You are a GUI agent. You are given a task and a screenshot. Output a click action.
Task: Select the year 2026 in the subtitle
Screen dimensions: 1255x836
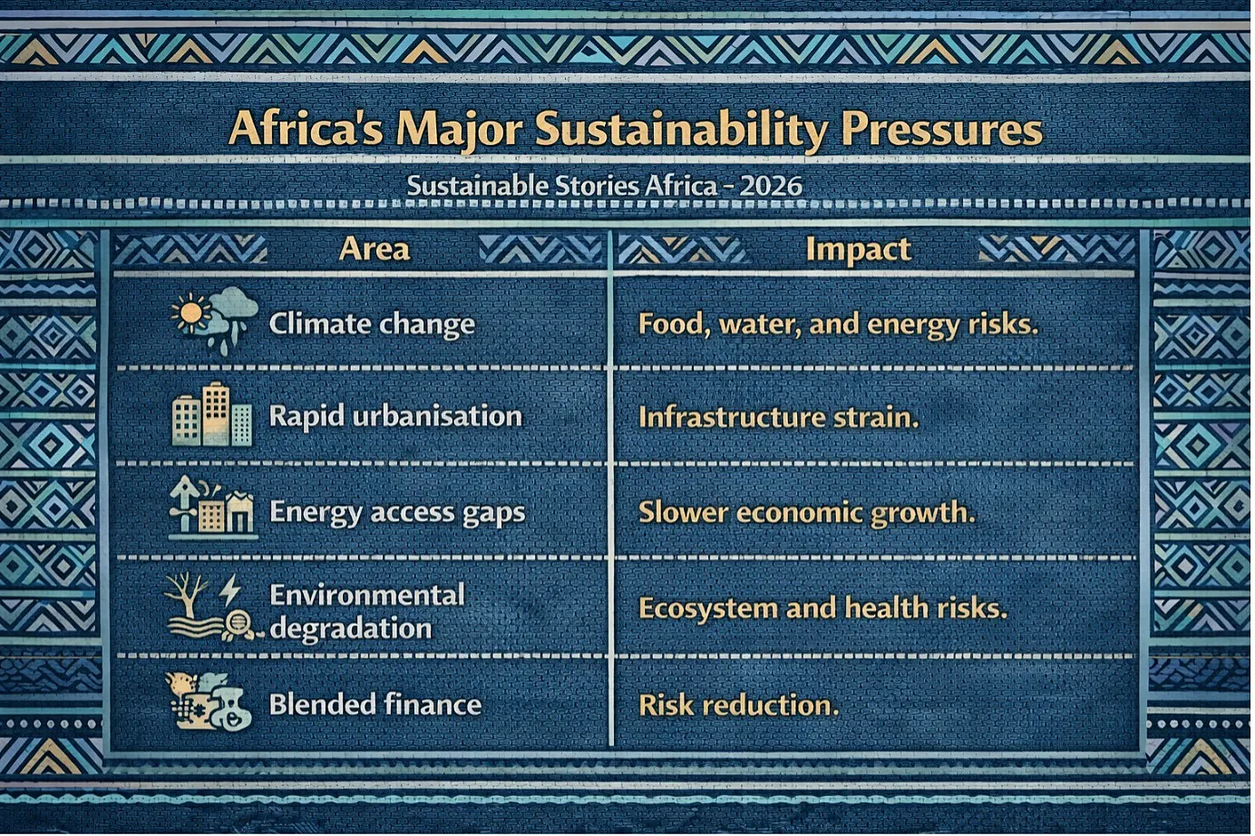click(771, 187)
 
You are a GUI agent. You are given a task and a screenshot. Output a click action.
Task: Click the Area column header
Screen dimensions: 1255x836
click(375, 249)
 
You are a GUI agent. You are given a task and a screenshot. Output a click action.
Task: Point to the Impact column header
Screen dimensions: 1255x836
click(859, 250)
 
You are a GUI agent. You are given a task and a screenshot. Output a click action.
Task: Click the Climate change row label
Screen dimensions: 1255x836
click(372, 324)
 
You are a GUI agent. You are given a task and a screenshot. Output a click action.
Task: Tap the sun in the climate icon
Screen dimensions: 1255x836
click(190, 312)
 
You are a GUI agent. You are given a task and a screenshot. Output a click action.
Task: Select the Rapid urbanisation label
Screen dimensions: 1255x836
click(395, 417)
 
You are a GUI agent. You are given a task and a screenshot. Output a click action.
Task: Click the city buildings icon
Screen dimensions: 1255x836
click(212, 415)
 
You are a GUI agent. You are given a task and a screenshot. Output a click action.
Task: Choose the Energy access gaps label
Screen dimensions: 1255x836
click(398, 513)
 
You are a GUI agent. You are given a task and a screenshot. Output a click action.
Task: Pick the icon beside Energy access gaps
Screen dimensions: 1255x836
click(212, 506)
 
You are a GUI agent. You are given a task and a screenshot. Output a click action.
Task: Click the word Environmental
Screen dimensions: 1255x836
click(367, 595)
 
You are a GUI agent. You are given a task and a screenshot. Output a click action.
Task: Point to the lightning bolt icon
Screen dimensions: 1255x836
click(229, 590)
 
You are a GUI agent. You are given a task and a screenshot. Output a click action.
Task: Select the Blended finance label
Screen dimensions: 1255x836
click(375, 705)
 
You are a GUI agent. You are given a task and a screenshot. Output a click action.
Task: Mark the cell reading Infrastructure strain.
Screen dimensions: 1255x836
click(778, 418)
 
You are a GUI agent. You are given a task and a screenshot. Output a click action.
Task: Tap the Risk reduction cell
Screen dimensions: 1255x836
click(738, 705)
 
